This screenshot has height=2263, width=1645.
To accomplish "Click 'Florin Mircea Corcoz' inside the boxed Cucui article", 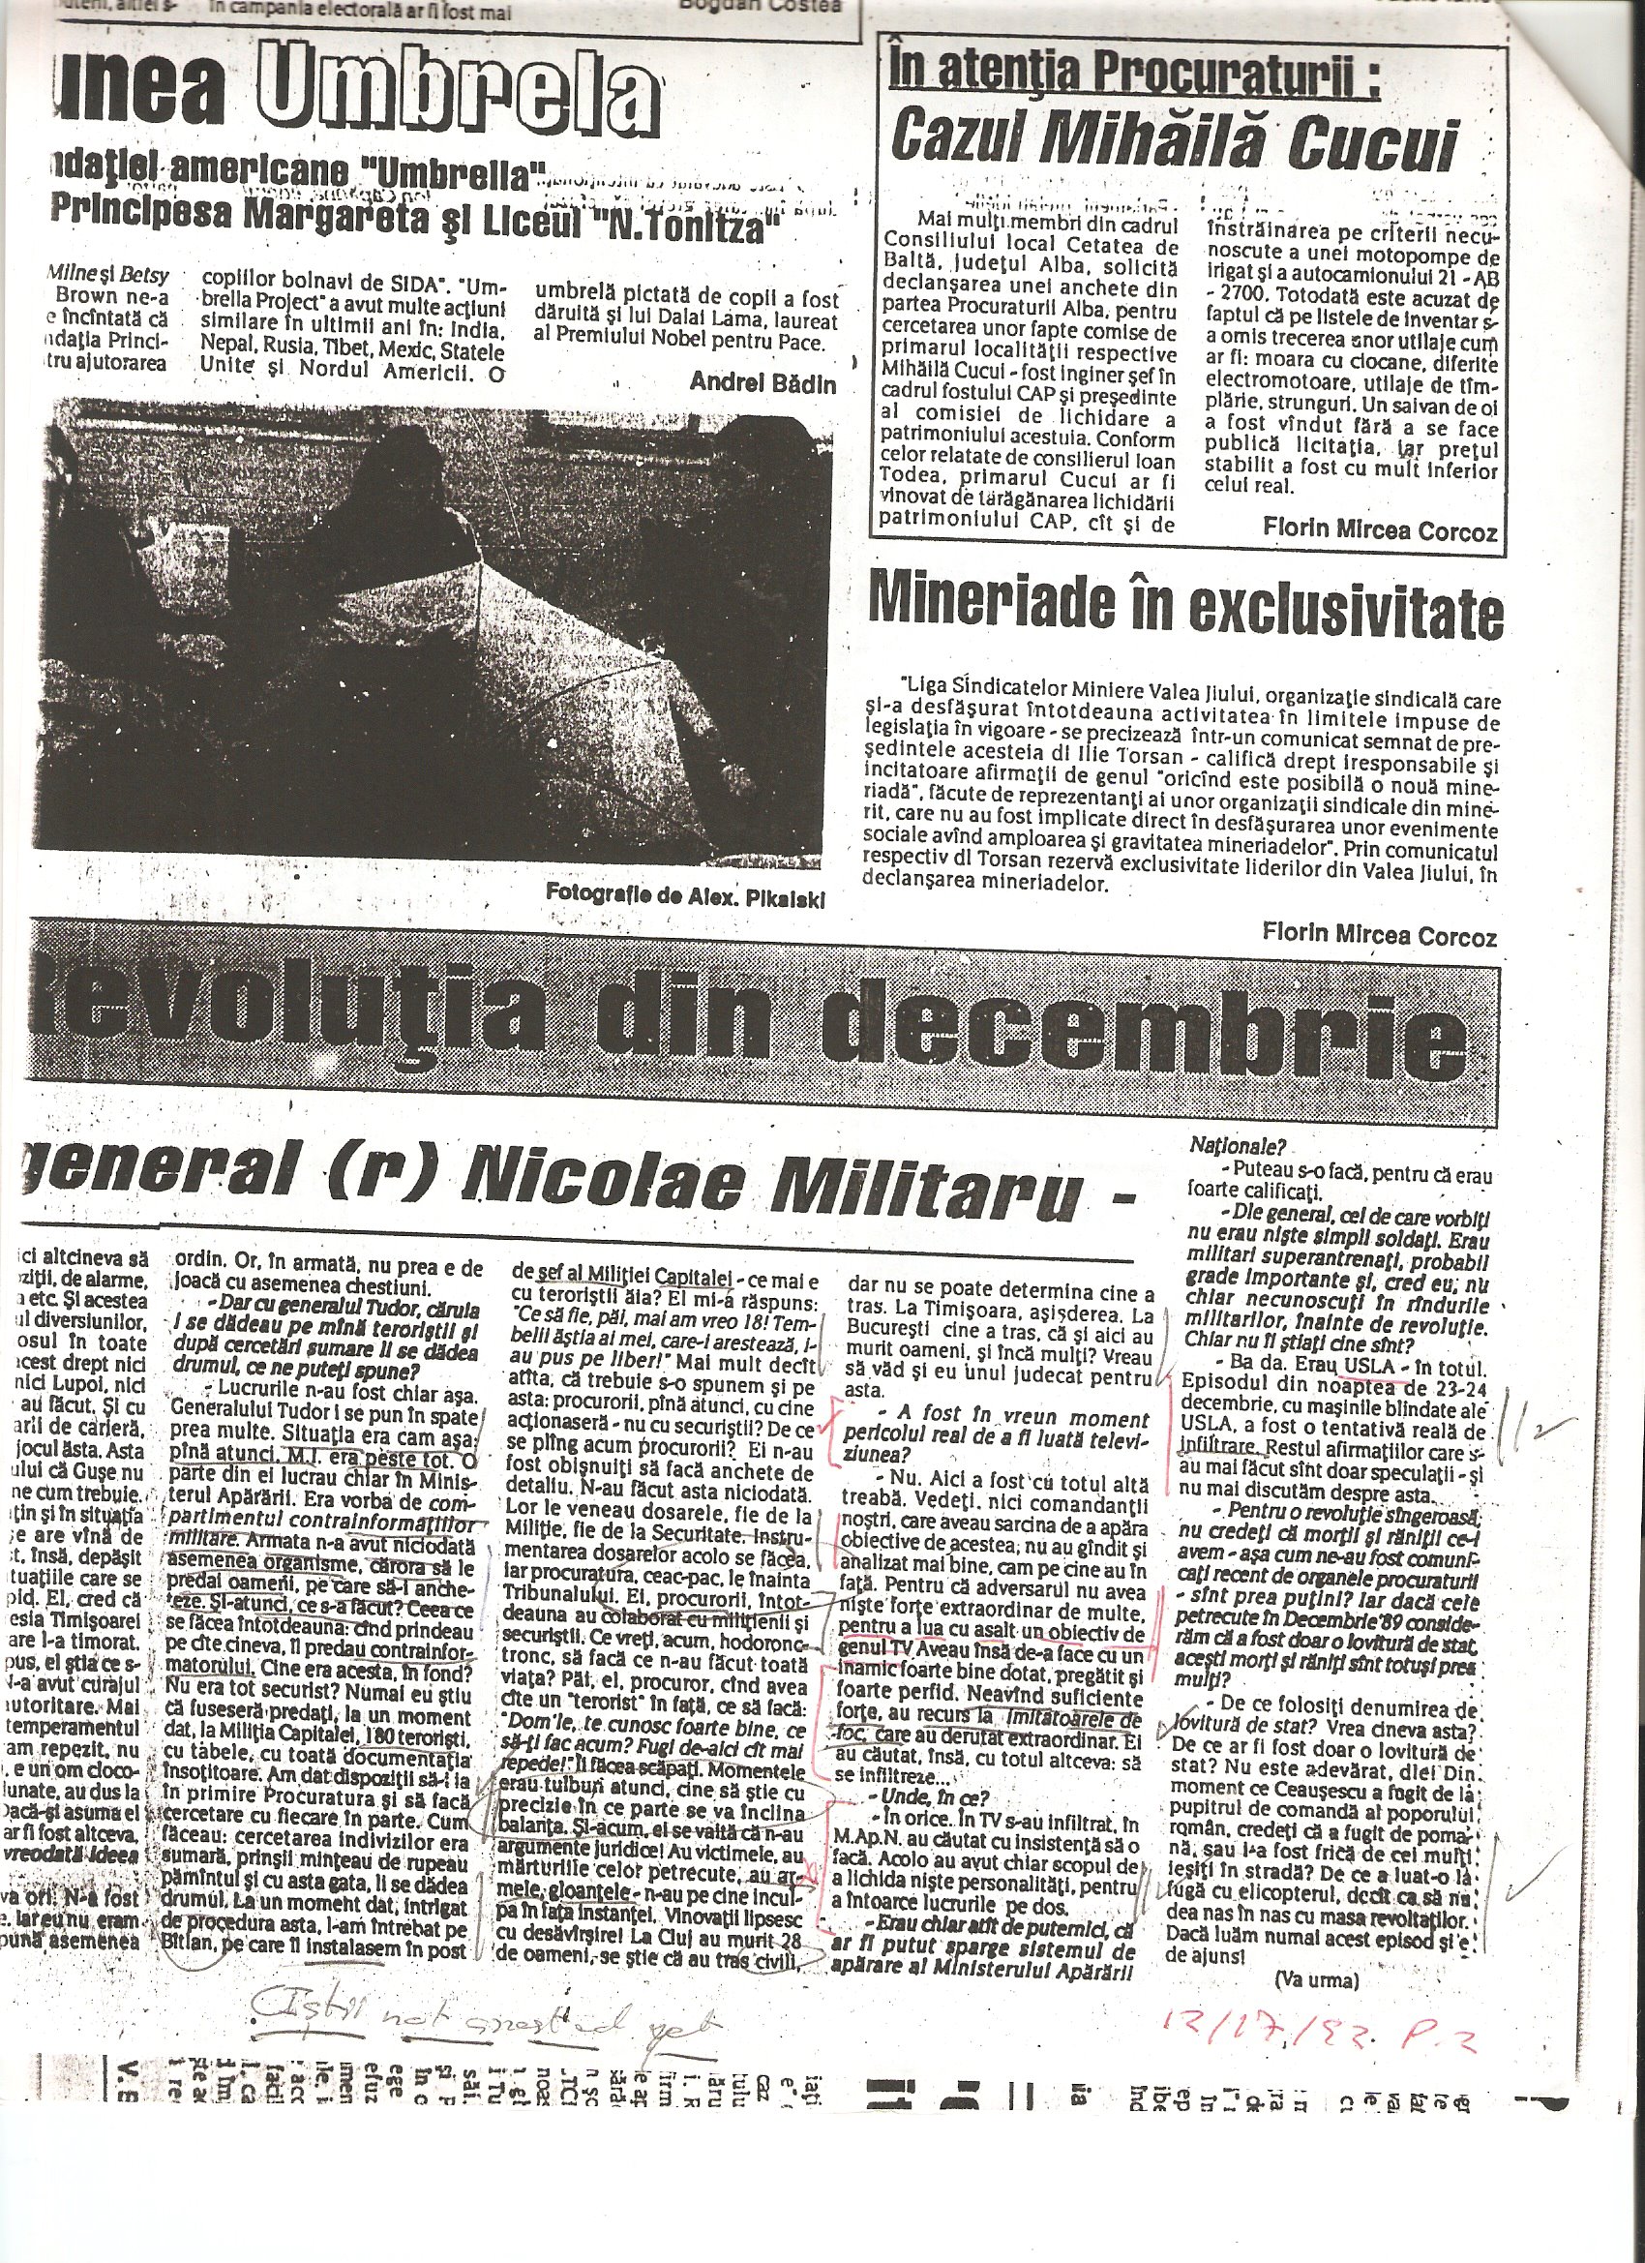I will [x=1380, y=531].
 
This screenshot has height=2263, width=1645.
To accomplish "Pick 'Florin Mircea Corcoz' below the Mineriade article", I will [x=1380, y=935].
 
